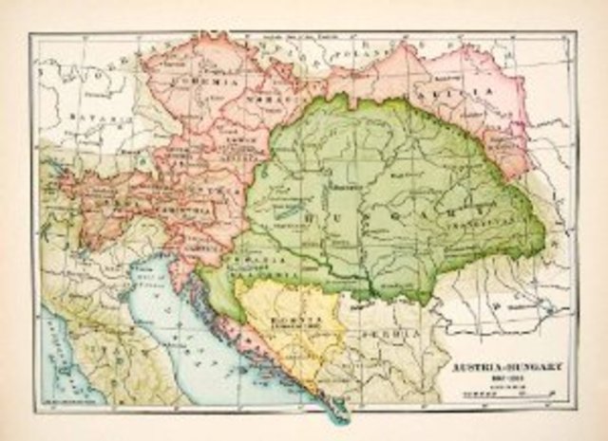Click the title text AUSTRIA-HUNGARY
pyautogui.click(x=492, y=366)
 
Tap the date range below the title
pyautogui.click(x=492, y=377)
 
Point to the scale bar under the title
pyautogui.click(x=492, y=391)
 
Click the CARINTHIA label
pyautogui.click(x=167, y=211)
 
